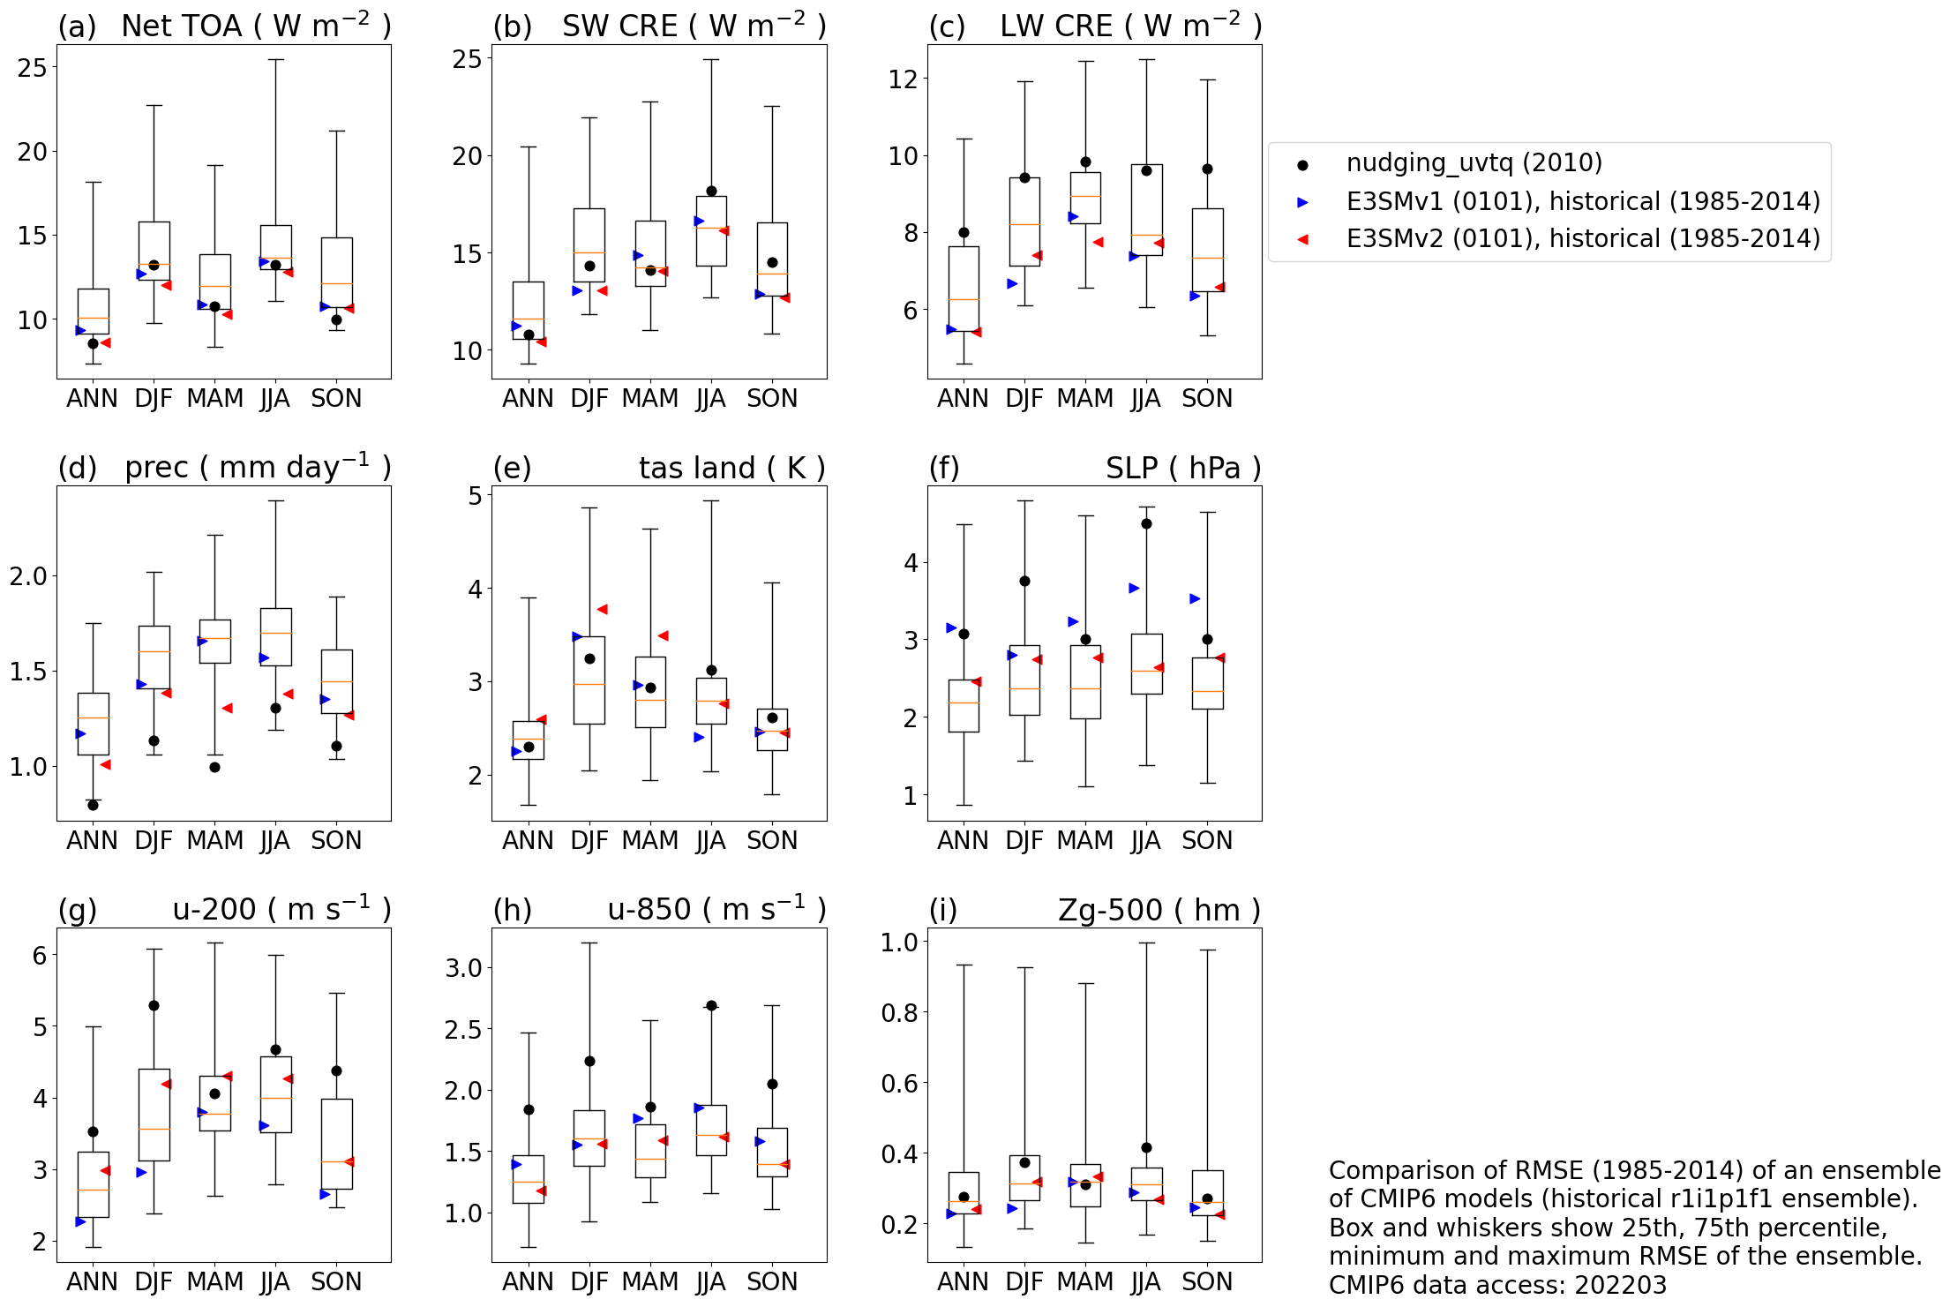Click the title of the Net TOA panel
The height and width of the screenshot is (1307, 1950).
click(255, 26)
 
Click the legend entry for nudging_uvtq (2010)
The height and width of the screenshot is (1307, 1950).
click(1474, 163)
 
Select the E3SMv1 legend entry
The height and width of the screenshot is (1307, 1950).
click(1582, 202)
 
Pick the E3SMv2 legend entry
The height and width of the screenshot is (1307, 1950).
click(1582, 239)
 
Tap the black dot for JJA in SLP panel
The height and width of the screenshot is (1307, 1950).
click(1146, 523)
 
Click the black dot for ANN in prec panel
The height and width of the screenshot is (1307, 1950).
click(93, 805)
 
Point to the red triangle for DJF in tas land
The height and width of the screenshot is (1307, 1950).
click(602, 609)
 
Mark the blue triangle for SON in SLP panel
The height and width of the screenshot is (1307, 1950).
click(1195, 598)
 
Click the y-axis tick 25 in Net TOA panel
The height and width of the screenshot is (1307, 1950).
click(33, 68)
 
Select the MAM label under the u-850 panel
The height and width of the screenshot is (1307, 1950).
click(649, 1281)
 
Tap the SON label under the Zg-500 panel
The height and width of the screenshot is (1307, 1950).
click(1207, 1281)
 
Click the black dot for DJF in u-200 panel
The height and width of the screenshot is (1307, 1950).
click(154, 1005)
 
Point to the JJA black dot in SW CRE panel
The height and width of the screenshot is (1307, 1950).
click(711, 191)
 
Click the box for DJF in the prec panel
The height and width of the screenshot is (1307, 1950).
click(154, 657)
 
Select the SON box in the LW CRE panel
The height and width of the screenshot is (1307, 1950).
click(1207, 250)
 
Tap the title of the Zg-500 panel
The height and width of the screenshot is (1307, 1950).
click(1159, 910)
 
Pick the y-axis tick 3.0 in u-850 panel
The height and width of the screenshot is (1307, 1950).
click(464, 968)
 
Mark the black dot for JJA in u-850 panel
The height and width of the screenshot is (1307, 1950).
click(711, 1005)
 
